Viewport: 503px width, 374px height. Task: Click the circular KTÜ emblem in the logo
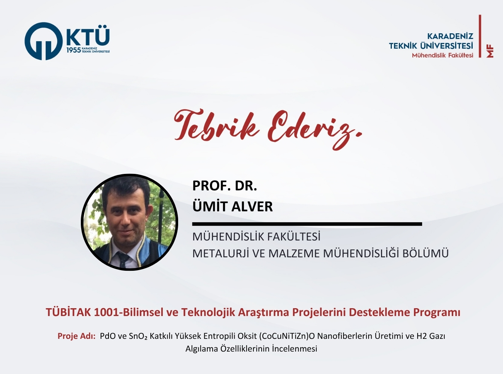43,41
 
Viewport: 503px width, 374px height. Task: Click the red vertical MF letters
490,51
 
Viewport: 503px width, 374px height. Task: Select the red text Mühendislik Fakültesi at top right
442,55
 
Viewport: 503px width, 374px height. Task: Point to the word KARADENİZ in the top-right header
450,36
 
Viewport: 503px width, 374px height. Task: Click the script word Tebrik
216,125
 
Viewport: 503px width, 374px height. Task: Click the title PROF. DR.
225,186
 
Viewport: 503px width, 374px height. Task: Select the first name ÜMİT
210,206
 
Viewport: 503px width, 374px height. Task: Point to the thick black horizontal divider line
307,224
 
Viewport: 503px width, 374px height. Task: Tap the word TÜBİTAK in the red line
68,312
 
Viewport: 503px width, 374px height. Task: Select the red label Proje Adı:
76,336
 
